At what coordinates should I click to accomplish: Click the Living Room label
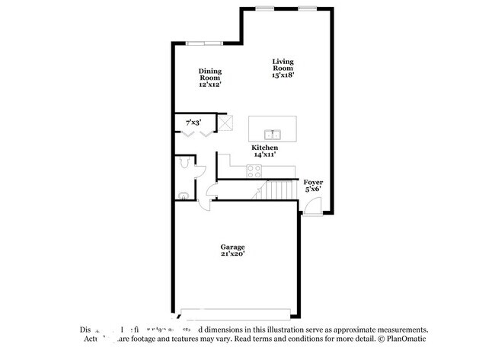283,68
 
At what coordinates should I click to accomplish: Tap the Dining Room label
210,78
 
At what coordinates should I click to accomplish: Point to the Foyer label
313,186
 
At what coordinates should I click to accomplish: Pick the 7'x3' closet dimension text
194,123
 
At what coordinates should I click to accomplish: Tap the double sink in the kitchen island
274,126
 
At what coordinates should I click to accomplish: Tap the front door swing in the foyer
315,205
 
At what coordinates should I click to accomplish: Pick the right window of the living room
307,8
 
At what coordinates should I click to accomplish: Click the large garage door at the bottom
233,312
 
